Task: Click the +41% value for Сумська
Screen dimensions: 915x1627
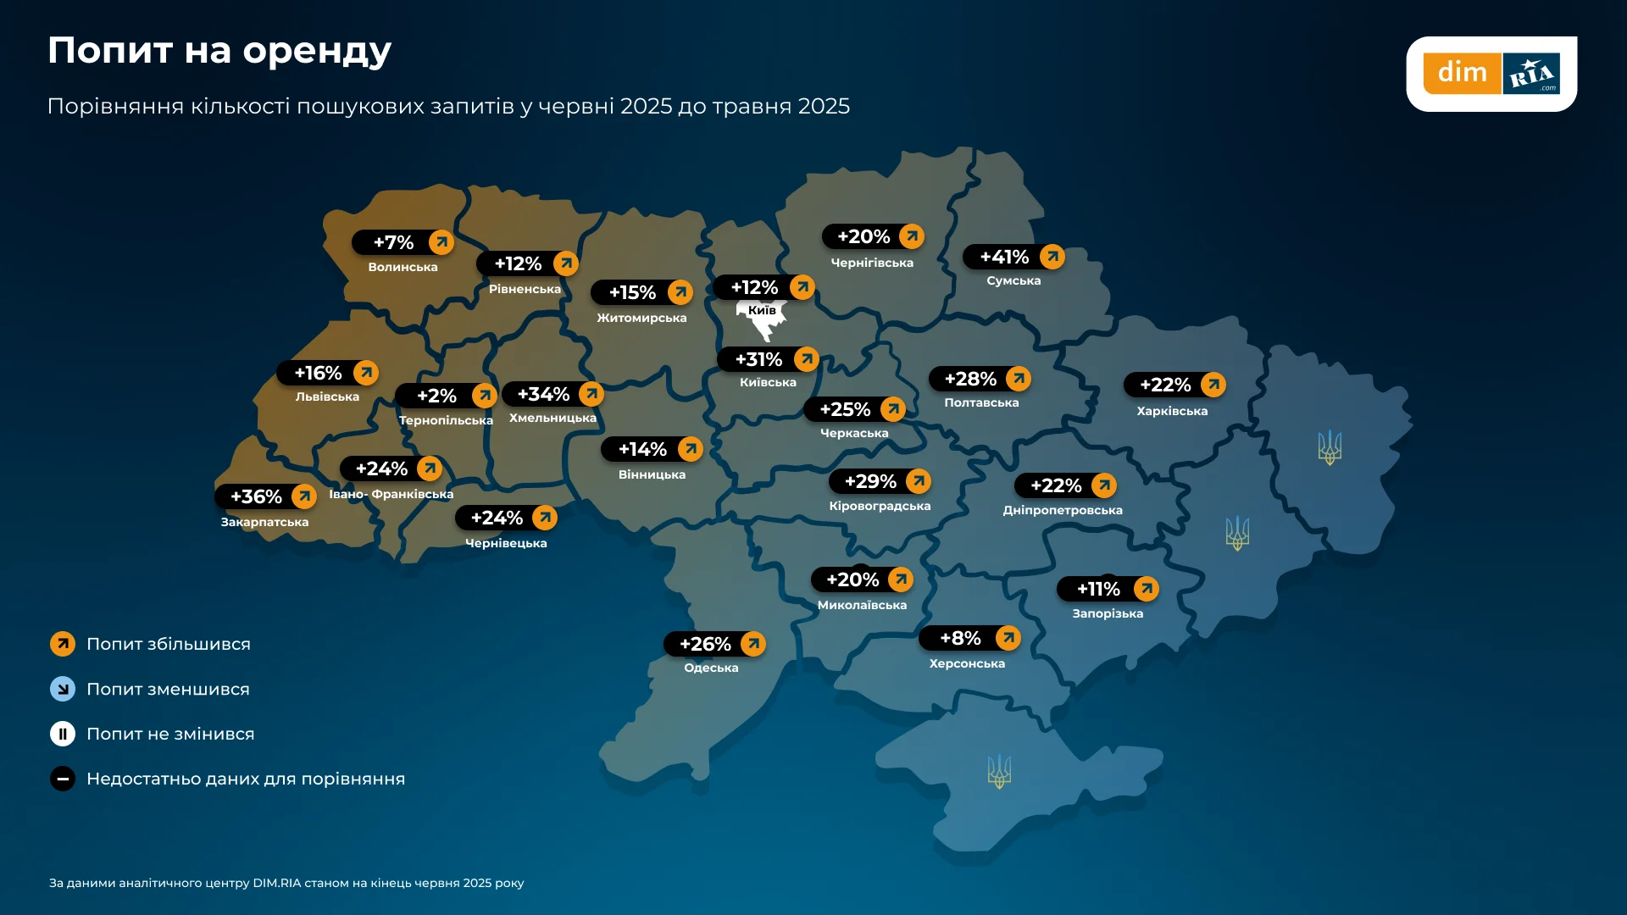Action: coord(1003,257)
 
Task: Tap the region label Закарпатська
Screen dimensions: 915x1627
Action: coord(264,522)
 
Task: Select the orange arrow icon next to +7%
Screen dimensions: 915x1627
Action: coord(441,242)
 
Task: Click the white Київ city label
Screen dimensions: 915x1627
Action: coord(762,310)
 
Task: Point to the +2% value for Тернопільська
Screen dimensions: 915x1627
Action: coord(436,396)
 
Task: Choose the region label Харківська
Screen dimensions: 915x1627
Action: coord(1172,411)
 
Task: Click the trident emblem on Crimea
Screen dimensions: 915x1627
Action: coord(999,771)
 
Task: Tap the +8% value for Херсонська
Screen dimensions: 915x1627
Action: coord(960,638)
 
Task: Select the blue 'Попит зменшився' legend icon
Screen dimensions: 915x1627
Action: coord(63,689)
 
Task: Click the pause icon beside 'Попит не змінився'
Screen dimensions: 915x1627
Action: coord(63,734)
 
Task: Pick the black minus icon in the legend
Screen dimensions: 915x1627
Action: coord(63,779)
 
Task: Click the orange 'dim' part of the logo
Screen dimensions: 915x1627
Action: coord(1462,73)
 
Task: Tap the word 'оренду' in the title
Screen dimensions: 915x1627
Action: coord(317,51)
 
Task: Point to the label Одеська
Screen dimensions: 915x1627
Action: coord(711,668)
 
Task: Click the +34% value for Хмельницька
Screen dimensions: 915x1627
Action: coord(543,394)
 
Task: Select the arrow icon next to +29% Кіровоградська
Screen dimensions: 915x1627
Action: coord(918,481)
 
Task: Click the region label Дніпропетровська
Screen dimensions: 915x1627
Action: coord(1063,510)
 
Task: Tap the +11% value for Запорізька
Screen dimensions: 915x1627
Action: coord(1098,589)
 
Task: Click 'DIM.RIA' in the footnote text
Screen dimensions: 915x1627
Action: coord(277,883)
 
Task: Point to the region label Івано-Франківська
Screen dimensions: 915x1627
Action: coord(391,494)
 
